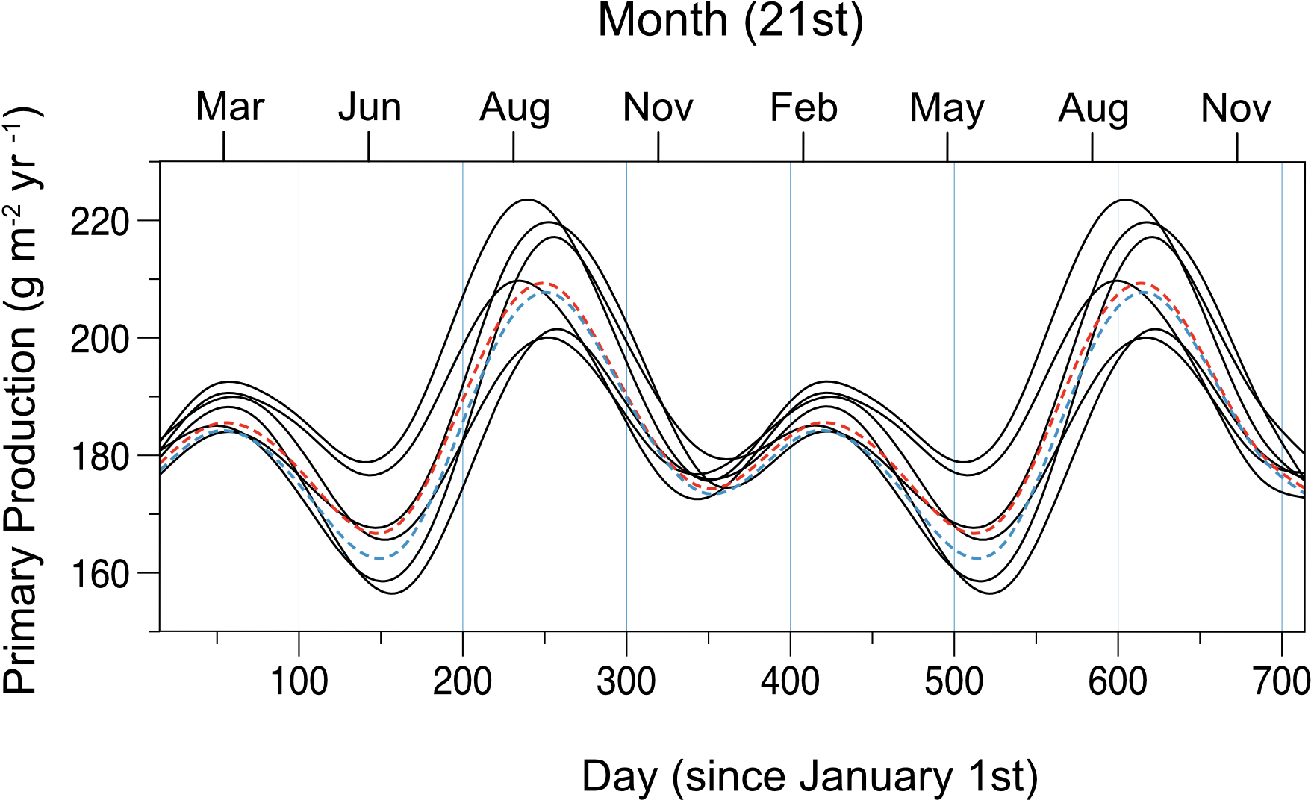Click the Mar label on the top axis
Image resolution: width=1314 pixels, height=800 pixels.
pos(230,107)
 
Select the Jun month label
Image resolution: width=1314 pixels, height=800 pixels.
pos(370,107)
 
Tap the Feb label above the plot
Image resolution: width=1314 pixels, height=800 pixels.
pos(803,107)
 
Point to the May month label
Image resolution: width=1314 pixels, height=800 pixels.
pos(947,109)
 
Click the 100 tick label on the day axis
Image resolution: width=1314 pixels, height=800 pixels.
pos(299,681)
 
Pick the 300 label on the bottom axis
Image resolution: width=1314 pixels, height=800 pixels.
pos(626,681)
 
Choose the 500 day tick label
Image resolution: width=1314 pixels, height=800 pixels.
pos(953,681)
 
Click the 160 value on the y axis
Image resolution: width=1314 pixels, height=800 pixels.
pos(99,574)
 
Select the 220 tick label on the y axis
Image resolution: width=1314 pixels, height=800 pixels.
pos(99,222)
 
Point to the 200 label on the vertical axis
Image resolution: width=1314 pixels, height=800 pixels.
pos(99,340)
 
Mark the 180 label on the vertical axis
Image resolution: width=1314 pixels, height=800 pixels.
pos(99,457)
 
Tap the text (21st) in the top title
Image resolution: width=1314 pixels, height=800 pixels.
pos(803,22)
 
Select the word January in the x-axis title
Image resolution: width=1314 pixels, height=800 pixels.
pos(876,777)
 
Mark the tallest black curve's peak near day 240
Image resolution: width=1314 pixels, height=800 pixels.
pos(528,200)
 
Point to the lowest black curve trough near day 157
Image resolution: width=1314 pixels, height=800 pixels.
pos(393,593)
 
